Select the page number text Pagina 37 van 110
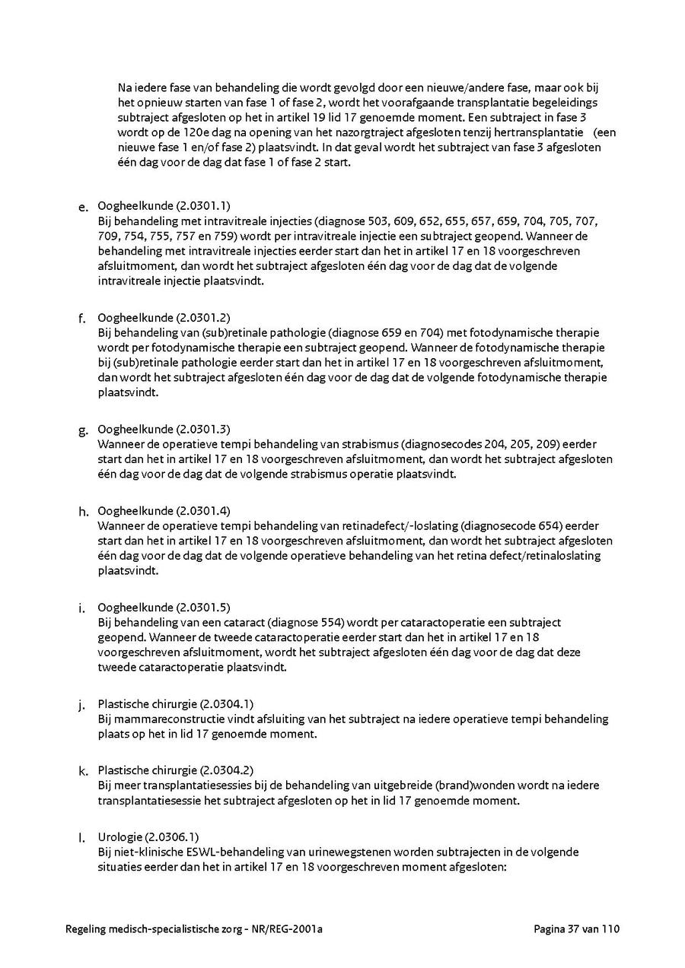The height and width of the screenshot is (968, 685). (x=577, y=928)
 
